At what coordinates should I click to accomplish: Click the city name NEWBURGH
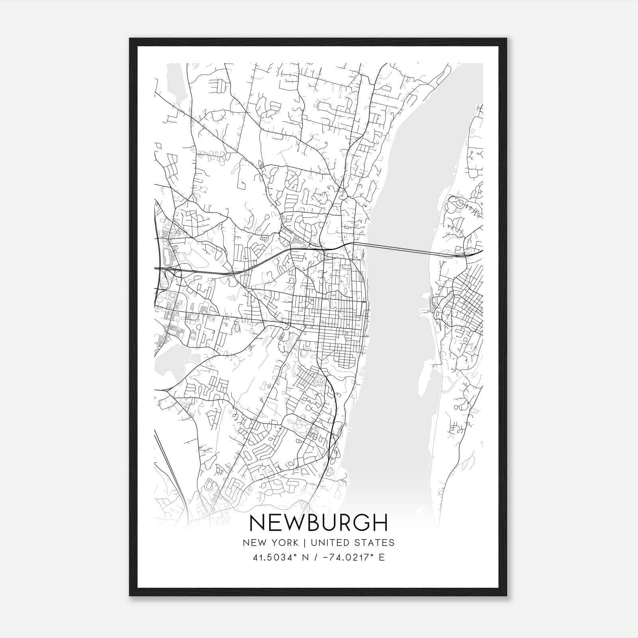pos(318,523)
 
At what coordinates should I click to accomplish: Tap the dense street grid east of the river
pos(465,303)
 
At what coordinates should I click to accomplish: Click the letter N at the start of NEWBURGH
pos(257,523)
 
